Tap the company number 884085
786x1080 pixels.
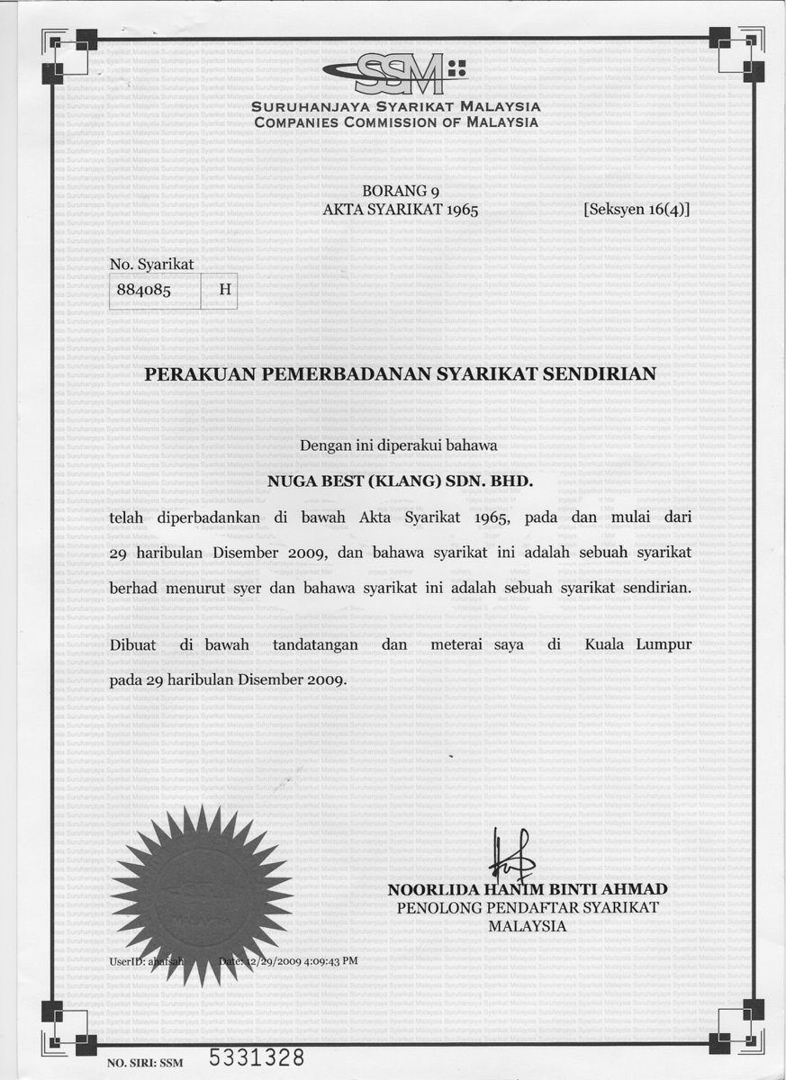(144, 292)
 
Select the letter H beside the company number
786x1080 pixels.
(225, 292)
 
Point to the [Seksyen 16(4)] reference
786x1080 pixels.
(637, 210)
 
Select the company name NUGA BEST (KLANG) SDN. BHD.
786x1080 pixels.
(401, 481)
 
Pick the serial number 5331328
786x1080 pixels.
(257, 1057)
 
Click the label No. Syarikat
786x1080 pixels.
(151, 264)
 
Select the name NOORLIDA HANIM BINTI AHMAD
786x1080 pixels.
(528, 890)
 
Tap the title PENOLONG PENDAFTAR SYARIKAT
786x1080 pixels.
(528, 908)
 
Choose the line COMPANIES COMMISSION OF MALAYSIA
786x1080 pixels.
(396, 122)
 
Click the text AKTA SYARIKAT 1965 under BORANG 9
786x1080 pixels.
(401, 210)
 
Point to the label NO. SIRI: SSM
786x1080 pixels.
(145, 1063)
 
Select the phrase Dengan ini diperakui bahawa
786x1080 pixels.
(398, 445)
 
